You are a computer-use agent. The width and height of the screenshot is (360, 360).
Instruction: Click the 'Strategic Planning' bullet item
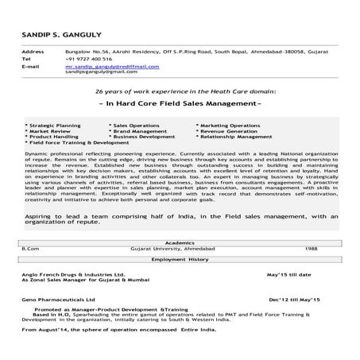[x=52, y=126]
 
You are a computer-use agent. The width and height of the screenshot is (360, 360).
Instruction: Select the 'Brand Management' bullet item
[x=136, y=131]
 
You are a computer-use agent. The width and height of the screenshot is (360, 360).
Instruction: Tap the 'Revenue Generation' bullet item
[x=226, y=131]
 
